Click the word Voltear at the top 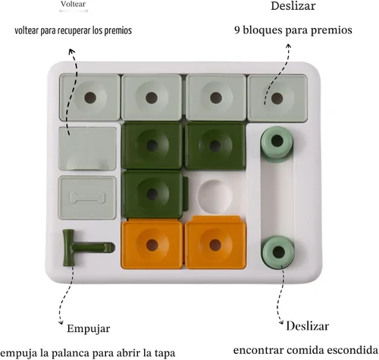[73, 4]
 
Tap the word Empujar [89, 329]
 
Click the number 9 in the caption [237, 30]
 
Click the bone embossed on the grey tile [87, 198]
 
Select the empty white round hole [215, 196]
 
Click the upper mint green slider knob [277, 142]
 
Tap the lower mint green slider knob [278, 252]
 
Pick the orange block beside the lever [152, 245]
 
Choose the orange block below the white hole [215, 243]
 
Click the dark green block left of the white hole [152, 194]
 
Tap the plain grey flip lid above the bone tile [87, 149]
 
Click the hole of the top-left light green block [90, 97]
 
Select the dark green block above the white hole [215, 146]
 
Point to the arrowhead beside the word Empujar [61, 322]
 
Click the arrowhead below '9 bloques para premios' [289, 46]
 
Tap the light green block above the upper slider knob [277, 97]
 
